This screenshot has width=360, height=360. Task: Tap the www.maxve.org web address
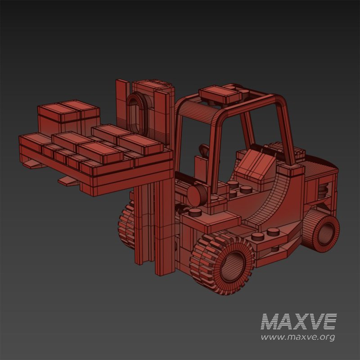coord(298,337)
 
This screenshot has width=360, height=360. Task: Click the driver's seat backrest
coord(255,164)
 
